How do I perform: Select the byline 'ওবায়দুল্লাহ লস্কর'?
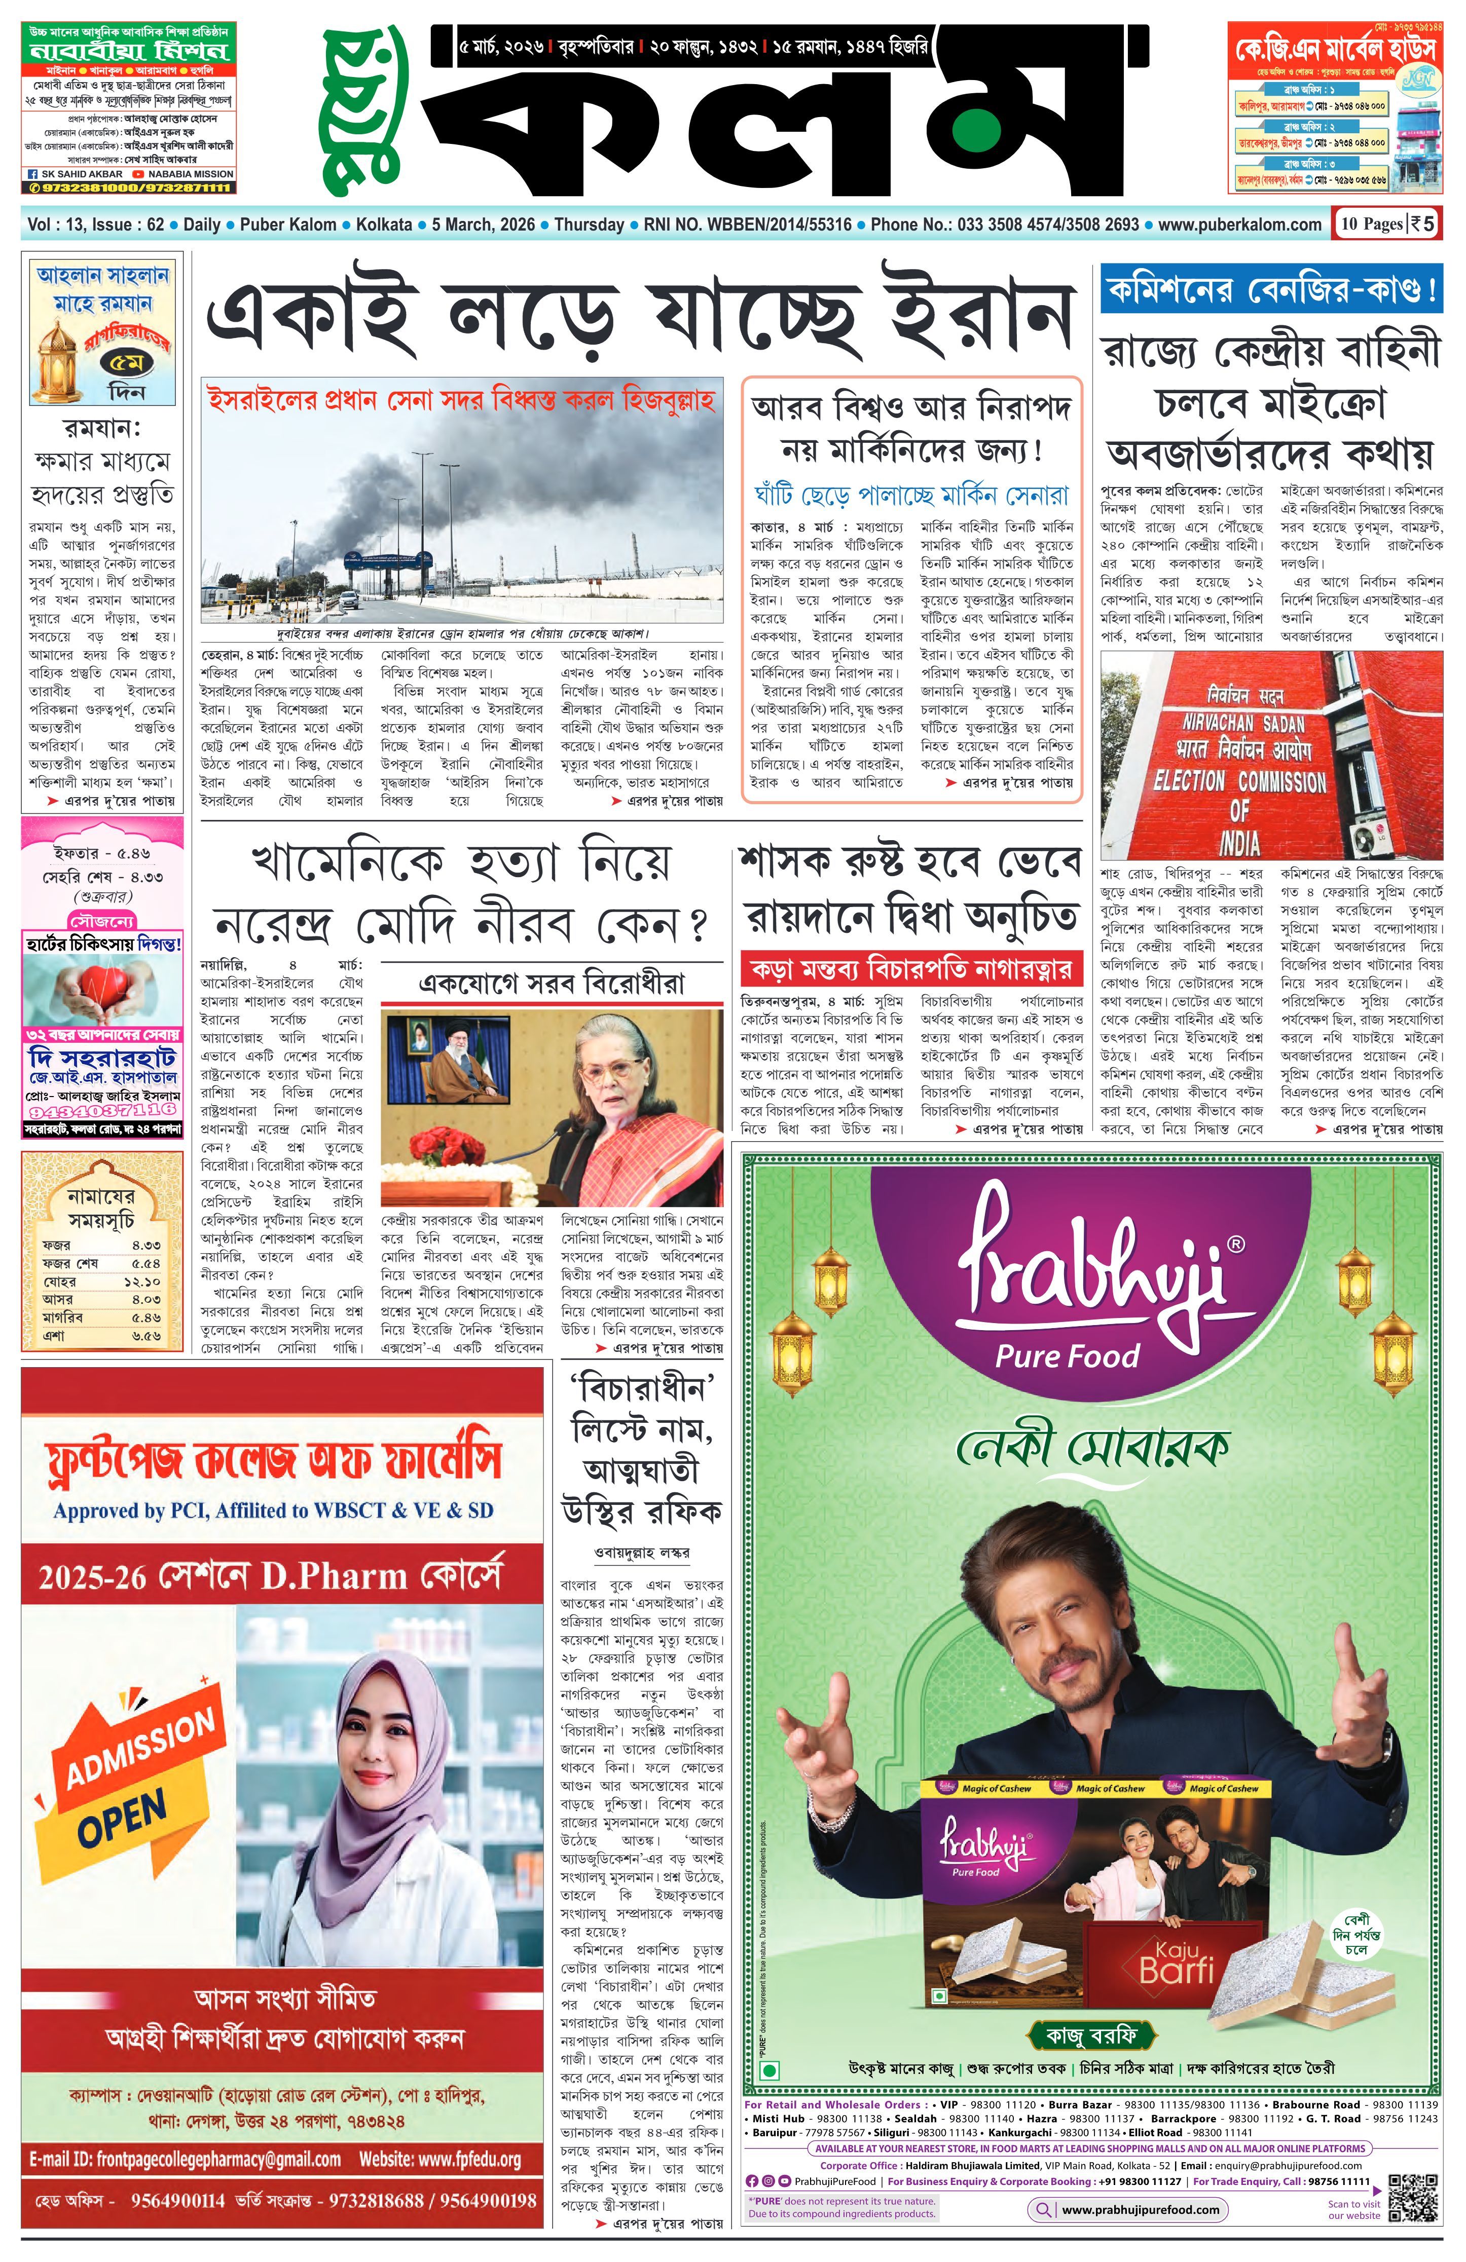click(642, 1552)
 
